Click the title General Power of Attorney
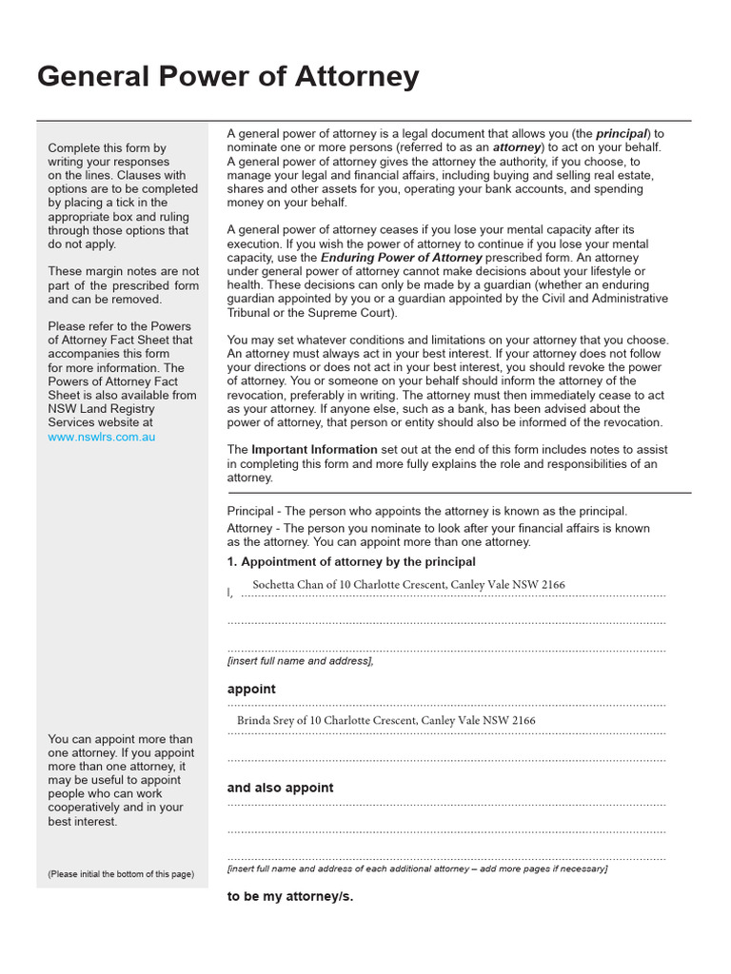227,77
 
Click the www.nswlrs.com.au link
101,437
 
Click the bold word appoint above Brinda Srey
251,689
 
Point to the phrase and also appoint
280,788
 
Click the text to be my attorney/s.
289,896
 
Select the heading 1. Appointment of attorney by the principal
351,561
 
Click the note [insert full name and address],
300,660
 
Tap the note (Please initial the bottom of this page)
121,874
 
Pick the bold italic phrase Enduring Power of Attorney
401,258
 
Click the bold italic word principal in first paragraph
622,134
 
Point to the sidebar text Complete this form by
107,148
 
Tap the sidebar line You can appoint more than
120,739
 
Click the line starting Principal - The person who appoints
427,511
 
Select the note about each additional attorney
417,868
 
